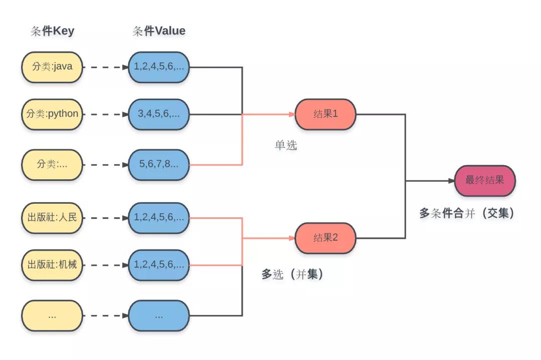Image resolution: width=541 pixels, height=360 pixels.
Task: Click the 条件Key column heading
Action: tap(53, 31)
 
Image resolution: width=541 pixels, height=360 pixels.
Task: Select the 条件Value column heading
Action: tap(159, 31)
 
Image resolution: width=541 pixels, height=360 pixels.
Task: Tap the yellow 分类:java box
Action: tap(52, 67)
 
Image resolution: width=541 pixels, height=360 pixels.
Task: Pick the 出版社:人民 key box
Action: tap(52, 218)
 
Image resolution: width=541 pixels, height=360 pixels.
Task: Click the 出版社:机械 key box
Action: tap(52, 265)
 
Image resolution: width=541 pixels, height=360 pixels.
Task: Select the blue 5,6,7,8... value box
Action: tap(159, 165)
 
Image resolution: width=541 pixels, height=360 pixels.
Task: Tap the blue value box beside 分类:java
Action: tap(159, 67)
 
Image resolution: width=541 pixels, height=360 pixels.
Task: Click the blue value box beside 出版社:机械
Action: tap(159, 265)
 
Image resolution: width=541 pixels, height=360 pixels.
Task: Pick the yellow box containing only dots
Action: tap(52, 315)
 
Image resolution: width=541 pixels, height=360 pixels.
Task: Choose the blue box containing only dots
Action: tap(159, 315)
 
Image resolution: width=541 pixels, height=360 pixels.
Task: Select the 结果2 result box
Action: tap(326, 238)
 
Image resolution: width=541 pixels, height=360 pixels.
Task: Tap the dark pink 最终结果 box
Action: tap(485, 181)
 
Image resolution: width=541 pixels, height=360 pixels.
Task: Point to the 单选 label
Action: tap(286, 145)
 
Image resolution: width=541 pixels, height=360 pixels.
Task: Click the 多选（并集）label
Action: tap(293, 274)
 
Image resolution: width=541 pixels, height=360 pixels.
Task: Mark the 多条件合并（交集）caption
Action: tap(467, 213)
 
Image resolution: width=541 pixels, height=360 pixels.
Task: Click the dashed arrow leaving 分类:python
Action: tap(106, 115)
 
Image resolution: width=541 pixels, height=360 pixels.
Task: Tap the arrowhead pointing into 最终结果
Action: tap(451, 181)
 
